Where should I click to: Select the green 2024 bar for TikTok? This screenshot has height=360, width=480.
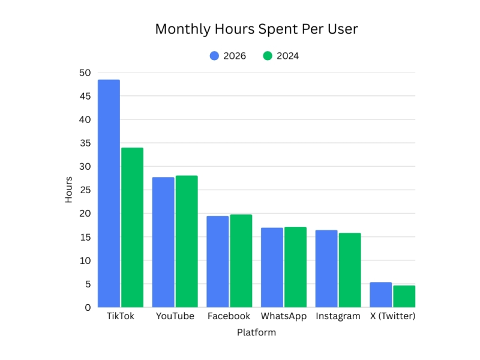(132, 227)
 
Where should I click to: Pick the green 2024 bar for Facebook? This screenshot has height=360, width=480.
(241, 260)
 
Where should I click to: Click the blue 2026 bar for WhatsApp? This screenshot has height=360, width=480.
(272, 267)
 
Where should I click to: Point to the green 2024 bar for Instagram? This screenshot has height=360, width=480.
(349, 270)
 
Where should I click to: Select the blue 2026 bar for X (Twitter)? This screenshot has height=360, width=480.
(380, 295)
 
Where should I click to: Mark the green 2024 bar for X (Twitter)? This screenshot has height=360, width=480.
(404, 296)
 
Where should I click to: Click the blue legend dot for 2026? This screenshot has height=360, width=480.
(215, 56)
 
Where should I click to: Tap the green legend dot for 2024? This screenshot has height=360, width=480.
(268, 56)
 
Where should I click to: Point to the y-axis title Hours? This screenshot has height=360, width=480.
(69, 190)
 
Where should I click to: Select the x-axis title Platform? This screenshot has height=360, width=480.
(256, 332)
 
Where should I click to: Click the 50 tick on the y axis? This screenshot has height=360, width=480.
(85, 73)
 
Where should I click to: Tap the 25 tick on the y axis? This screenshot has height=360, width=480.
(85, 190)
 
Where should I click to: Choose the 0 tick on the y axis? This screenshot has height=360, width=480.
(88, 307)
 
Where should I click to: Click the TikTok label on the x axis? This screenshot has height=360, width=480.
(120, 316)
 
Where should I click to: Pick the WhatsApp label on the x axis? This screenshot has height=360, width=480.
(283, 316)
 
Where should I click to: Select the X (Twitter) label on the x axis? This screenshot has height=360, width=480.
(392, 316)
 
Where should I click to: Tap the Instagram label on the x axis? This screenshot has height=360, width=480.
(338, 316)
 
